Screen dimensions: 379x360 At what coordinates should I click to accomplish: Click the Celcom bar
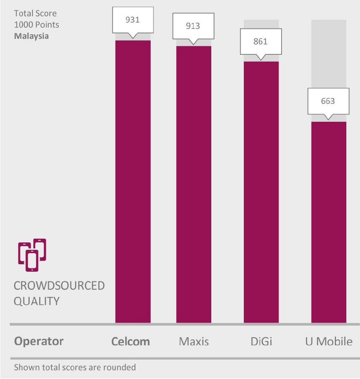pyautogui.click(x=133, y=182)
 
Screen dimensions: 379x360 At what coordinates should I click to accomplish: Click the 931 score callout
pyautogui.click(x=133, y=20)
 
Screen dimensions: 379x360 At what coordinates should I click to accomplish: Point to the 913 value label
pyautogui.click(x=193, y=26)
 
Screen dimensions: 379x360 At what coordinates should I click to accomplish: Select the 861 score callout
pyautogui.click(x=260, y=41)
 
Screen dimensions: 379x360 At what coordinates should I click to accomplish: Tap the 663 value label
pyautogui.click(x=328, y=101)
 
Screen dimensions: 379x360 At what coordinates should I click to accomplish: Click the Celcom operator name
pyautogui.click(x=130, y=341)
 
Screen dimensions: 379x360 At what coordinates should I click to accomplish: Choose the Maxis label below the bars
pyautogui.click(x=194, y=341)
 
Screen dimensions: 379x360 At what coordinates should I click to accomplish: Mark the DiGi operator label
pyautogui.click(x=261, y=341)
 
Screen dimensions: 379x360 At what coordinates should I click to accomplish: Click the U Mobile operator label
pyautogui.click(x=329, y=341)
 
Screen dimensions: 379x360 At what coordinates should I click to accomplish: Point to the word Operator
pyautogui.click(x=39, y=341)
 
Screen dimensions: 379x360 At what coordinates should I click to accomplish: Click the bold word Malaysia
pyautogui.click(x=31, y=36)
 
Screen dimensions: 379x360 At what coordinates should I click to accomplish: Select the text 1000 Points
pyautogui.click(x=36, y=25)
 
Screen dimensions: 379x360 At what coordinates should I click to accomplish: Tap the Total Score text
pyautogui.click(x=35, y=14)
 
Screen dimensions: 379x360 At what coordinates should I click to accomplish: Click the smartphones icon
pyautogui.click(x=32, y=255)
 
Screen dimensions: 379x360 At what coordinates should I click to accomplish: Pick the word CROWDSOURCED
pyautogui.click(x=59, y=285)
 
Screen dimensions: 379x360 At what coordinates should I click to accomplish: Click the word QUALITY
pyautogui.click(x=37, y=301)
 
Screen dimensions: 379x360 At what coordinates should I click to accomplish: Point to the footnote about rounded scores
pyautogui.click(x=75, y=367)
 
